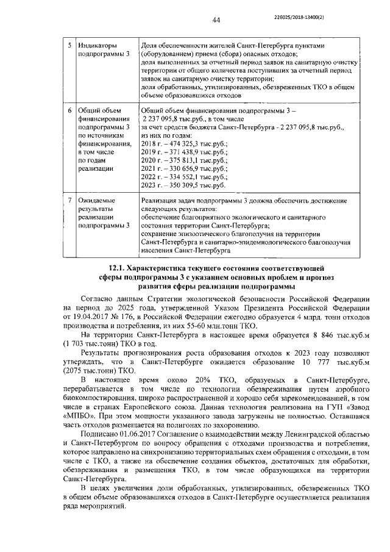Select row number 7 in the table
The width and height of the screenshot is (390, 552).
(x=69, y=200)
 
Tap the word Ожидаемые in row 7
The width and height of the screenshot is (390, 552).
(x=99, y=200)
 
